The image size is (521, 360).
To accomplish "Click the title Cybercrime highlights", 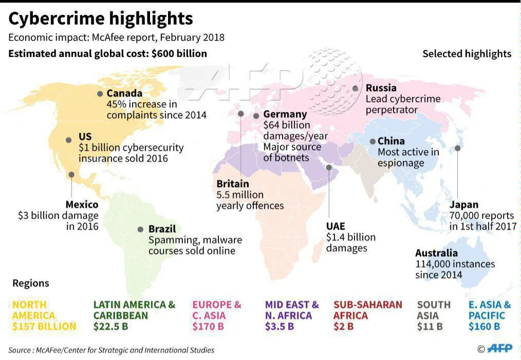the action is pos(100,19).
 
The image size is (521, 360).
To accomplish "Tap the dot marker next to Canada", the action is pos(100,93).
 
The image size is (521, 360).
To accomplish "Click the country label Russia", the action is pos(381,88).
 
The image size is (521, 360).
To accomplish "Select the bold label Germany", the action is pos(285,114).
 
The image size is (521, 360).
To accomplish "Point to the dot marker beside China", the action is pos(373,141).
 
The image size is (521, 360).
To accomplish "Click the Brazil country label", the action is pos(162,229).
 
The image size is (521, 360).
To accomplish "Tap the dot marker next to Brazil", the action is pos(141,229).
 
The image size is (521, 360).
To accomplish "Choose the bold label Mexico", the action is pos(82,204).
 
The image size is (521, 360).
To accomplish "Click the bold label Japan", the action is pos(464,204).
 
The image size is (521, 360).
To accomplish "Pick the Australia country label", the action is pos(436,253).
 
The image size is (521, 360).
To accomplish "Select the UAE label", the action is pos(336,226).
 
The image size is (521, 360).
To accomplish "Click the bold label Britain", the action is pos(233,184).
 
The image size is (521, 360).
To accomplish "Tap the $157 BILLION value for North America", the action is pos(44,327).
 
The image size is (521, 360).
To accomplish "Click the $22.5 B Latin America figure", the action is pos(110,327).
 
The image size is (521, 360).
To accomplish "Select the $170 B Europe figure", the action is pos(208,327).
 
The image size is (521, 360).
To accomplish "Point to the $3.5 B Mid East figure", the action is pos(280,327).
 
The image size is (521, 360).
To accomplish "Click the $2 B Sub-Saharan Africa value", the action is pos(343,327).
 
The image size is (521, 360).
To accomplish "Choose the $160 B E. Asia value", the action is pos(484,327).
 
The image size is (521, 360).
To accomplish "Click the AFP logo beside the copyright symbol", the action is pos(499,348).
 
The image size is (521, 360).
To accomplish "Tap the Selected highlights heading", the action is pos(467,54).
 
